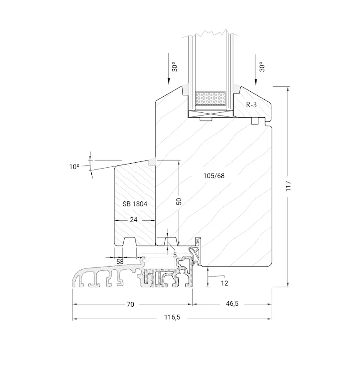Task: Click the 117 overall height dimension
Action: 288,186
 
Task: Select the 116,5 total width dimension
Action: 172,317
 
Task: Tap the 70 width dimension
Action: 130,304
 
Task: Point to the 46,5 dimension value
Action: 232,304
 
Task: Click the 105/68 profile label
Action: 214,176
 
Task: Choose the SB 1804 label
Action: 135,204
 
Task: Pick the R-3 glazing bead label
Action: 251,105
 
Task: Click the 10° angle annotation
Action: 74,167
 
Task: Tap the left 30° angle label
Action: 175,67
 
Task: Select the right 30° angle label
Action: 262,67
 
